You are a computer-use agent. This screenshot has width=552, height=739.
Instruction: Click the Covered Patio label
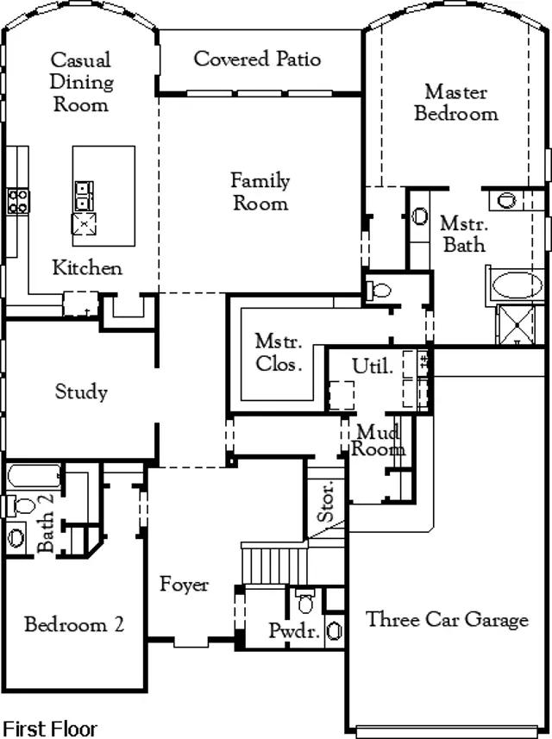pyautogui.click(x=257, y=59)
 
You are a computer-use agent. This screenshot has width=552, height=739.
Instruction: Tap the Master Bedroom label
pyautogui.click(x=456, y=103)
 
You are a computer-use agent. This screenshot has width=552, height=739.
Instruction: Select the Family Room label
pyautogui.click(x=260, y=192)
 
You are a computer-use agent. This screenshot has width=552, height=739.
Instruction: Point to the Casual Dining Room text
pyautogui.click(x=81, y=83)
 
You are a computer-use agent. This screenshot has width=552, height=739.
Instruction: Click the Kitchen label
pyautogui.click(x=87, y=267)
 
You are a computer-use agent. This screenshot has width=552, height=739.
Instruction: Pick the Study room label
pyautogui.click(x=81, y=392)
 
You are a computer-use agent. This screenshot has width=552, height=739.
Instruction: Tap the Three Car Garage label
pyautogui.click(x=447, y=619)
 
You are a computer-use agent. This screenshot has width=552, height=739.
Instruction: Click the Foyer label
pyautogui.click(x=184, y=585)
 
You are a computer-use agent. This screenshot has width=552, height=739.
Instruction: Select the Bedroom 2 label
pyautogui.click(x=73, y=624)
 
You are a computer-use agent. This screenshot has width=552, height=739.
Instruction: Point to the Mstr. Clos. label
pyautogui.click(x=279, y=352)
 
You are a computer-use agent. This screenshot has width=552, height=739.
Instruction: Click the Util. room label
pyautogui.click(x=373, y=366)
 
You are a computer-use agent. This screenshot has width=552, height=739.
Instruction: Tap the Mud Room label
pyautogui.click(x=380, y=440)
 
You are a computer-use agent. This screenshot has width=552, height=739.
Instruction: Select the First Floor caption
pyautogui.click(x=50, y=729)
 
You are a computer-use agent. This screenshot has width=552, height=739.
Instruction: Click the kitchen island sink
pyautogui.click(x=85, y=195)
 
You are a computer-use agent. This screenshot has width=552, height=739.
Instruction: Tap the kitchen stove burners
pyautogui.click(x=18, y=201)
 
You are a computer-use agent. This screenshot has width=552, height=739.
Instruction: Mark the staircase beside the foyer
pyautogui.click(x=273, y=564)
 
